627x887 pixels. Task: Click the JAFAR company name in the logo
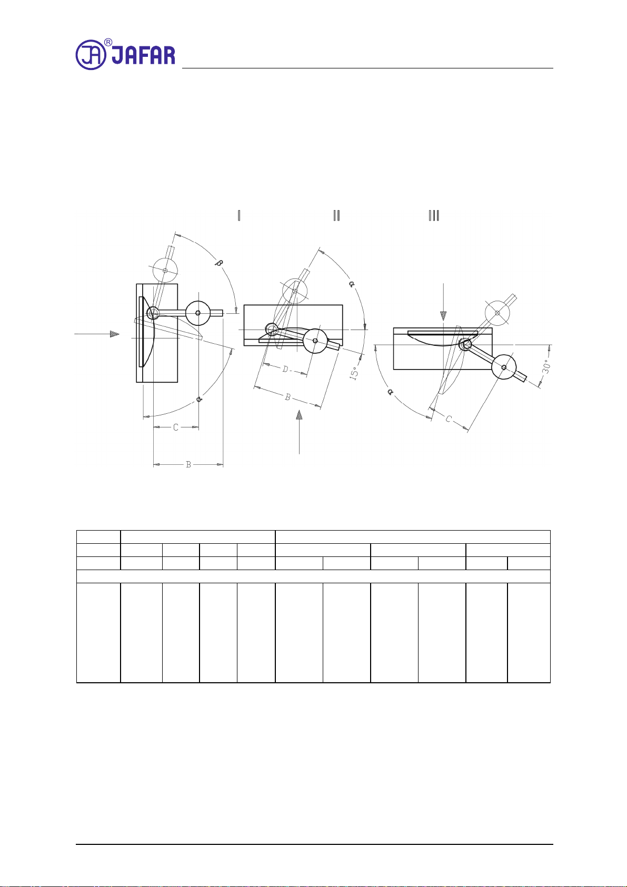[x=143, y=55]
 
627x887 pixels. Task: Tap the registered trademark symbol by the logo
[x=108, y=42]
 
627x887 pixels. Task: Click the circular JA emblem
[x=91, y=55]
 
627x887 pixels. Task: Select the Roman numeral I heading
[x=239, y=215]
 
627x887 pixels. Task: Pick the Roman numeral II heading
[x=337, y=215]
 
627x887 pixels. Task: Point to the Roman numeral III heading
[x=434, y=215]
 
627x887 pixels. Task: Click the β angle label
[x=218, y=262]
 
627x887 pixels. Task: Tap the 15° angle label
[x=354, y=373]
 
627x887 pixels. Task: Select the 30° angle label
[x=546, y=366]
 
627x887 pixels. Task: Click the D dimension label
[x=285, y=369]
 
